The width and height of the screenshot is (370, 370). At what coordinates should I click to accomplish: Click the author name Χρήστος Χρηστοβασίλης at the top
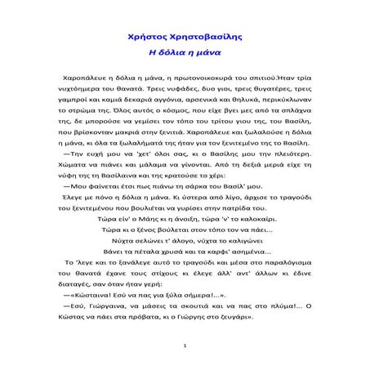point(185,37)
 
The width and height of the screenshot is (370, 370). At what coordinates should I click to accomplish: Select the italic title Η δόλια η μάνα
point(185,51)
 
